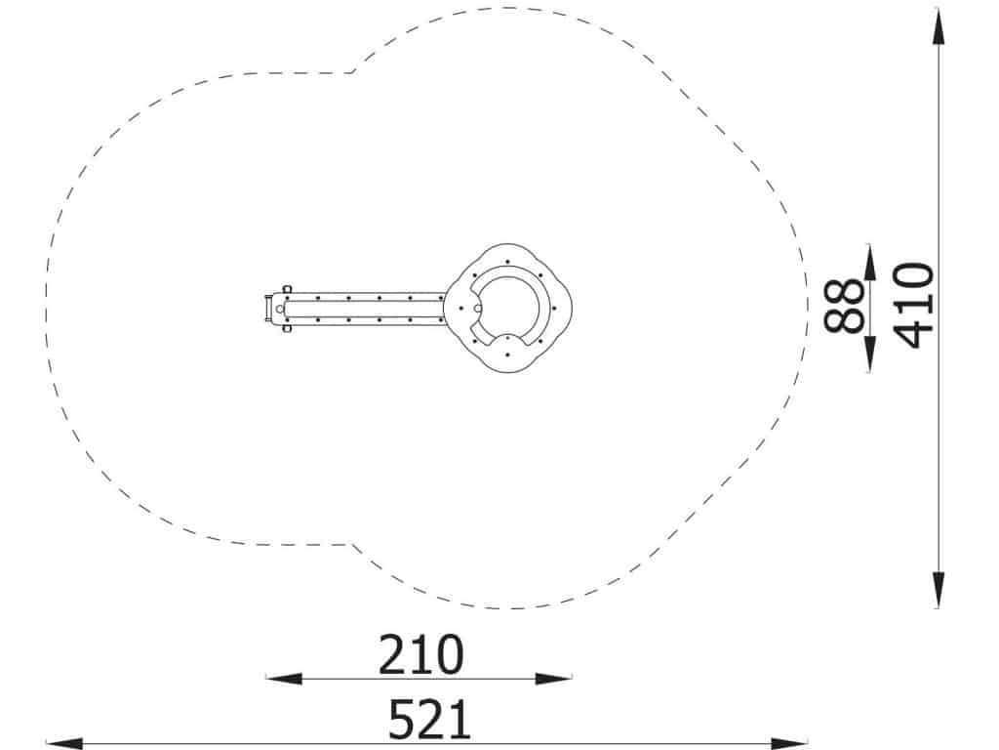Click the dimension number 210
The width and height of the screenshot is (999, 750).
pos(421,654)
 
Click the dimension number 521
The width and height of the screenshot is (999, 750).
pos(430,720)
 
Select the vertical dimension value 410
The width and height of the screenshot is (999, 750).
pos(914,306)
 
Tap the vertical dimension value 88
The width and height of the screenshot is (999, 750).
pos(844,306)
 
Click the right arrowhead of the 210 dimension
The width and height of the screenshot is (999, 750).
pos(554,679)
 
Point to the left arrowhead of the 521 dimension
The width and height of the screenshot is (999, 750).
pos(64,743)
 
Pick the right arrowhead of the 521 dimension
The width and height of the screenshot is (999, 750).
pos(789,743)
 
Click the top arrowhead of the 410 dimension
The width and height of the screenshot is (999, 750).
pos(939,26)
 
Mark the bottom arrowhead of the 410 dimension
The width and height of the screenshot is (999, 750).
pos(939,590)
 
